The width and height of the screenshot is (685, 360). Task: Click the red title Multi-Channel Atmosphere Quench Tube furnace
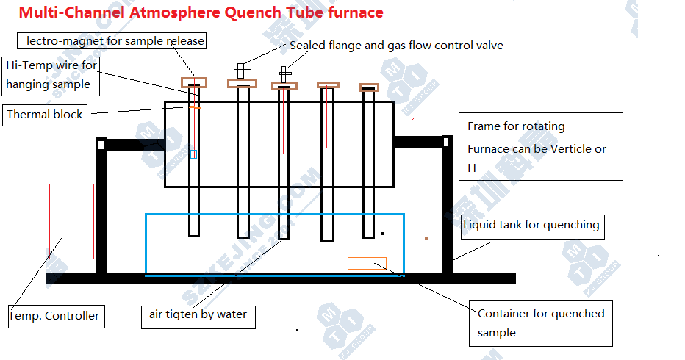pos(201,12)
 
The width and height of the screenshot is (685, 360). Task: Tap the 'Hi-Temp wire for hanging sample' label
pos(50,75)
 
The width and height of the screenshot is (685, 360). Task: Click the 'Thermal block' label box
pos(46,115)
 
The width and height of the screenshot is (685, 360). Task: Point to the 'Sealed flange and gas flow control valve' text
pos(396,46)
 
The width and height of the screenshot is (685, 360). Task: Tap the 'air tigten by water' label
pos(198,316)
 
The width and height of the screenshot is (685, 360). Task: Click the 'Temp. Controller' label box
pos(55,316)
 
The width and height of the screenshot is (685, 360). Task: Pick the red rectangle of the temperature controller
pos(71,221)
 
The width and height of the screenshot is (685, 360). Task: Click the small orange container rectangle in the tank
pos(367,263)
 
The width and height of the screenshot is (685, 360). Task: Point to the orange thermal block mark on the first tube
pos(195,107)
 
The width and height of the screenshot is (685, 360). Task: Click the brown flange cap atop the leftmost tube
pos(195,82)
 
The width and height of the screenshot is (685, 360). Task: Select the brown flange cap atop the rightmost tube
pos(370,87)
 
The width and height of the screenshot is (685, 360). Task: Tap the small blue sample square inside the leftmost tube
pos(193,154)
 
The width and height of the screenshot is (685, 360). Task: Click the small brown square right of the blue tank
pos(426,238)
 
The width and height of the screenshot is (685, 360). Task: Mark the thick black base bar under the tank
pos(279,278)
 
